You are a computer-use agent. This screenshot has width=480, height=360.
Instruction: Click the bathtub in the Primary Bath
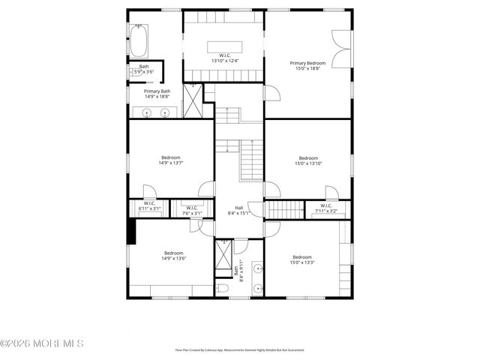139,42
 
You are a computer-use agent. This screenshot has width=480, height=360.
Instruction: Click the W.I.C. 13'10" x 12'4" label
225,58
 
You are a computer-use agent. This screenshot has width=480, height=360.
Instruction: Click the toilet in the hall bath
222,288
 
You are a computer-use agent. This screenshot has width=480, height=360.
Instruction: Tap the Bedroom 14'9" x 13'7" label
169,160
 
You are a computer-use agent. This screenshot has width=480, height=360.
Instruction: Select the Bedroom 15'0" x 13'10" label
308,160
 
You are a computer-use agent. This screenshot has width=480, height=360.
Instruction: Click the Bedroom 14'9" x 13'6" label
173,256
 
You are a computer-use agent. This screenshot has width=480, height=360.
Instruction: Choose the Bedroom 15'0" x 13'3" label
302,259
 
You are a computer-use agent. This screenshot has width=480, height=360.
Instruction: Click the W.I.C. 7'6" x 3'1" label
191,211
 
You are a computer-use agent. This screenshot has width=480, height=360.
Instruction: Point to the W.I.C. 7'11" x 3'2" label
326,208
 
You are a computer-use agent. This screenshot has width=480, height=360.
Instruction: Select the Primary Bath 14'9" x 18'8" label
157,94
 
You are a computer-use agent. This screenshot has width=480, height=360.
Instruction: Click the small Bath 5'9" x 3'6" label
144,69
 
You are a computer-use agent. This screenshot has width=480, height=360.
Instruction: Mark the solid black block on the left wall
131,230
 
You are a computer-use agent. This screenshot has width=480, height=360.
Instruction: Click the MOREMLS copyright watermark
42,343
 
